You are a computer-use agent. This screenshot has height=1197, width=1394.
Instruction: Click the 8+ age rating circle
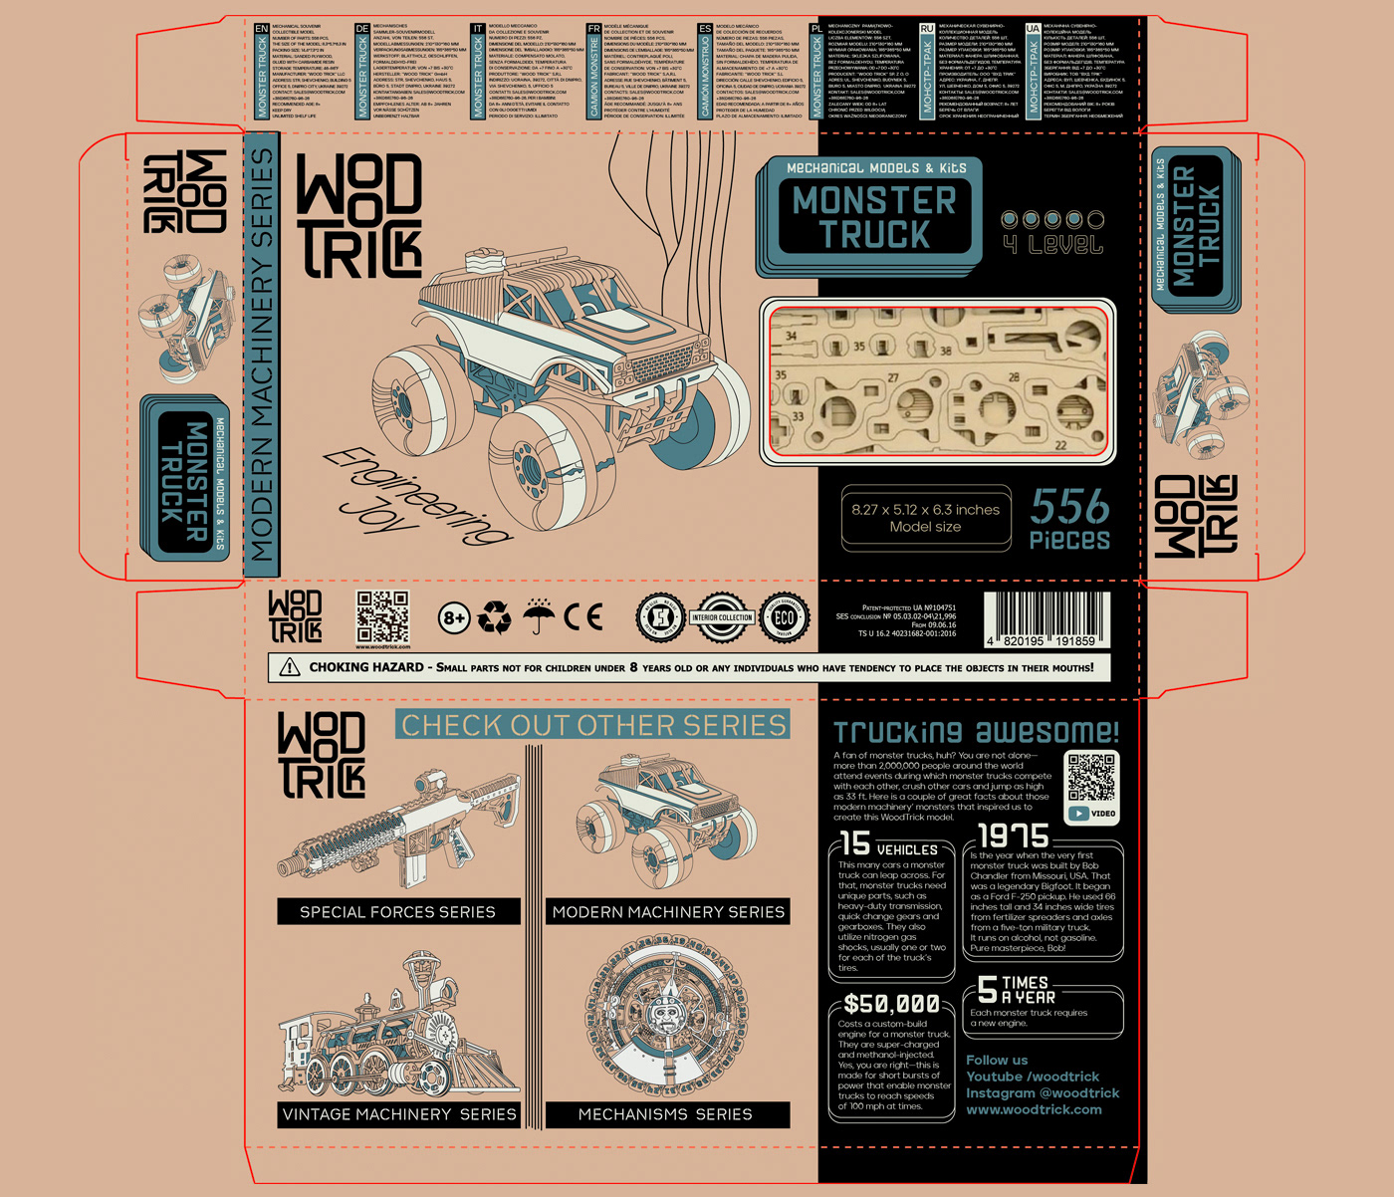click(x=454, y=618)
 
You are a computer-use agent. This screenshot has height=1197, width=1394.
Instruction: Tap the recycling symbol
click(x=494, y=617)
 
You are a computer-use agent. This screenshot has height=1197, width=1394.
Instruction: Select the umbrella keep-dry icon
click(x=539, y=616)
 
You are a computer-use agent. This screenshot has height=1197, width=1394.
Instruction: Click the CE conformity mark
click(x=582, y=617)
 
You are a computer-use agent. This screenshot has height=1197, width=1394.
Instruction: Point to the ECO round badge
click(x=785, y=618)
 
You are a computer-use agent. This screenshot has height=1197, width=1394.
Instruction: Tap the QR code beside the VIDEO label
click(x=1091, y=777)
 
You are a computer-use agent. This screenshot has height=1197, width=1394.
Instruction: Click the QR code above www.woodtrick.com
click(x=382, y=616)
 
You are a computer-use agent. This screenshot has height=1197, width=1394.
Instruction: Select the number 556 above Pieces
click(x=1069, y=508)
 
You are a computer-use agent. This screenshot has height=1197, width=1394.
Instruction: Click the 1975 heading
click(x=1014, y=837)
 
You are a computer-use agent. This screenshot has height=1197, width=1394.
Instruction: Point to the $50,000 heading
click(x=891, y=1004)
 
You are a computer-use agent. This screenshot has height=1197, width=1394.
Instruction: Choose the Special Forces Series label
click(x=398, y=912)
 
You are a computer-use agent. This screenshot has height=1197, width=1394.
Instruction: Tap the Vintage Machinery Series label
click(x=399, y=1114)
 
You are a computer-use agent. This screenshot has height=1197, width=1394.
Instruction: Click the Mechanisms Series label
click(x=666, y=1114)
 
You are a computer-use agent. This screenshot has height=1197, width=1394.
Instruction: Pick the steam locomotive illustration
click(x=398, y=1031)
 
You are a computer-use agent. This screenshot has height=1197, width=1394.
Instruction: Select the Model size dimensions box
click(x=925, y=518)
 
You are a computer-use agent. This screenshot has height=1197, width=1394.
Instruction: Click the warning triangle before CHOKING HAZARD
click(x=290, y=667)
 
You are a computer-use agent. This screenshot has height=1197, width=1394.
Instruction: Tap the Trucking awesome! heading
click(x=976, y=733)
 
